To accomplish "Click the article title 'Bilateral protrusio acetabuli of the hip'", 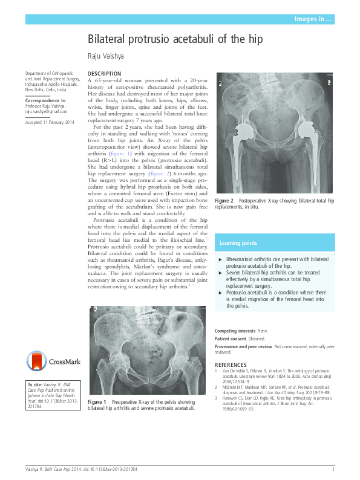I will point(175,41).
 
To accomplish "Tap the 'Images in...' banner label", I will point(313,20).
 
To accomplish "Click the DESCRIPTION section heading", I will point(104,74).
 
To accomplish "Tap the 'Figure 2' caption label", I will point(224,200).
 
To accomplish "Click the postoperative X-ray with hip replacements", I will point(274,133).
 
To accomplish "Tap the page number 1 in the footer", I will point(333,469).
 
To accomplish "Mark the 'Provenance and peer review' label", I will point(243,346).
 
